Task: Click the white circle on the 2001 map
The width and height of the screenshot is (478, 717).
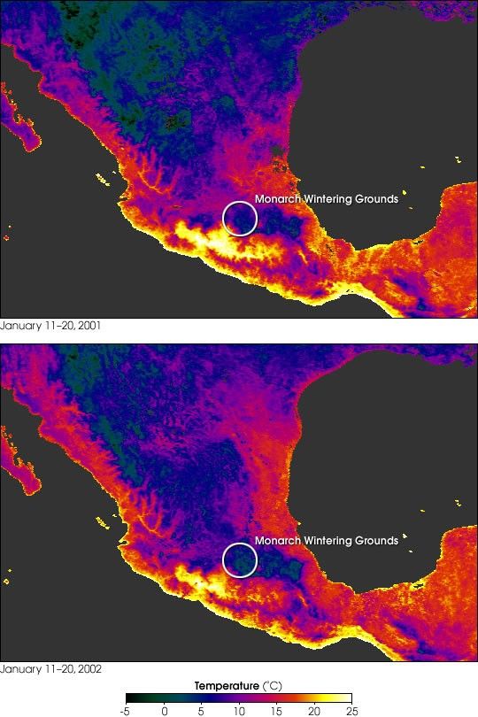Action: pos(238,218)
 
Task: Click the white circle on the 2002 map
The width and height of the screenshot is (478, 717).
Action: pos(240,559)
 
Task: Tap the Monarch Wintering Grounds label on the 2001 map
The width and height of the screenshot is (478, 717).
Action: pos(326,199)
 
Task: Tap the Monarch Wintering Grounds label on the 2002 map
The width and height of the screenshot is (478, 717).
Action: pos(326,541)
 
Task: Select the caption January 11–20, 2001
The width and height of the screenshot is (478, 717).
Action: pos(50,326)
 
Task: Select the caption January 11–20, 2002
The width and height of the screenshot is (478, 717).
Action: pos(50,667)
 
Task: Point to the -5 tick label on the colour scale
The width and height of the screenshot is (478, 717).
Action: pos(127,710)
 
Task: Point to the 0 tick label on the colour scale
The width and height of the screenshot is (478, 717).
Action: pos(165,710)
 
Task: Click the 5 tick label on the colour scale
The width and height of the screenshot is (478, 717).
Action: pos(202,710)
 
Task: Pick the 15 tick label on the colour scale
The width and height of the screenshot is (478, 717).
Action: pos(276,710)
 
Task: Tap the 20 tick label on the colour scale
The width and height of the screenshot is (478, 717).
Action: pos(313,710)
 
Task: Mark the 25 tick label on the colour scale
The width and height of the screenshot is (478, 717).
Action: pos(351,710)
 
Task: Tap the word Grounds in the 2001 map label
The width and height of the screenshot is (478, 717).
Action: pos(375,199)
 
